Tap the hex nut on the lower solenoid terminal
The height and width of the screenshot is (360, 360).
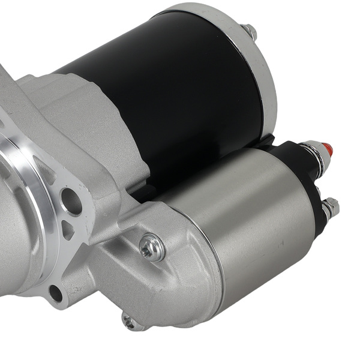coord(330,208)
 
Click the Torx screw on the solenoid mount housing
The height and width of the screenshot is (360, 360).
coord(151,246)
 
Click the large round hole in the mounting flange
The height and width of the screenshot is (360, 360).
coord(71,202)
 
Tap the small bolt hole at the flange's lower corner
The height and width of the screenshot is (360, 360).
coord(55,293)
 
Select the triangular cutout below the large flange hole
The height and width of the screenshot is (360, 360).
coord(68,230)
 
